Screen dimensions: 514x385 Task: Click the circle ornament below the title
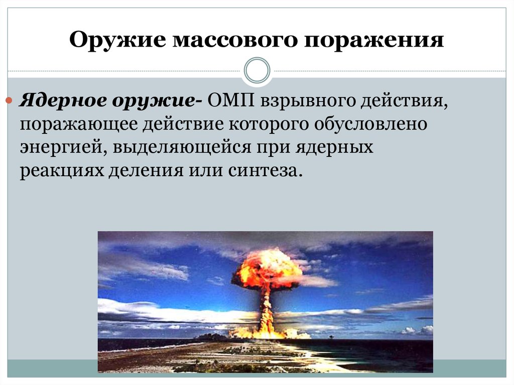pyautogui.click(x=257, y=70)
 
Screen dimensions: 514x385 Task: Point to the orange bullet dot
pyautogui.click(x=9, y=100)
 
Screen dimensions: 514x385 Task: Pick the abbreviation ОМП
pyautogui.click(x=231, y=100)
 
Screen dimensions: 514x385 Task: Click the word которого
pyautogui.click(x=268, y=124)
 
